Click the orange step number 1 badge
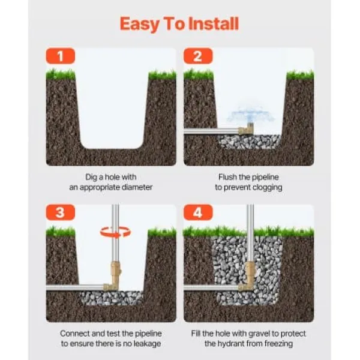click(61, 56)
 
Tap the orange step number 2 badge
click(198, 56)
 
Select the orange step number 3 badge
click(61, 212)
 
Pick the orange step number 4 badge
click(198, 212)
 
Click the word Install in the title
click(213, 23)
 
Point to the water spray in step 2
click(250, 115)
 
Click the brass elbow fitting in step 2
click(246, 129)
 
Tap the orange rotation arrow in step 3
click(115, 232)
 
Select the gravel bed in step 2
click(250, 142)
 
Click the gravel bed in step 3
click(112, 298)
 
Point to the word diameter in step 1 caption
click(137, 187)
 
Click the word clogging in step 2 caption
click(267, 188)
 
